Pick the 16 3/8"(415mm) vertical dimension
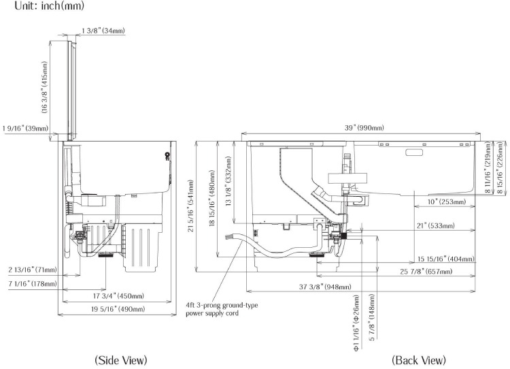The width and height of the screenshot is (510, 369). pos(45,89)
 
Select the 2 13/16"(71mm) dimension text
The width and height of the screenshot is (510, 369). pos(32,270)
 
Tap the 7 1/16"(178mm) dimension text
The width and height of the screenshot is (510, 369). pos(33,283)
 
